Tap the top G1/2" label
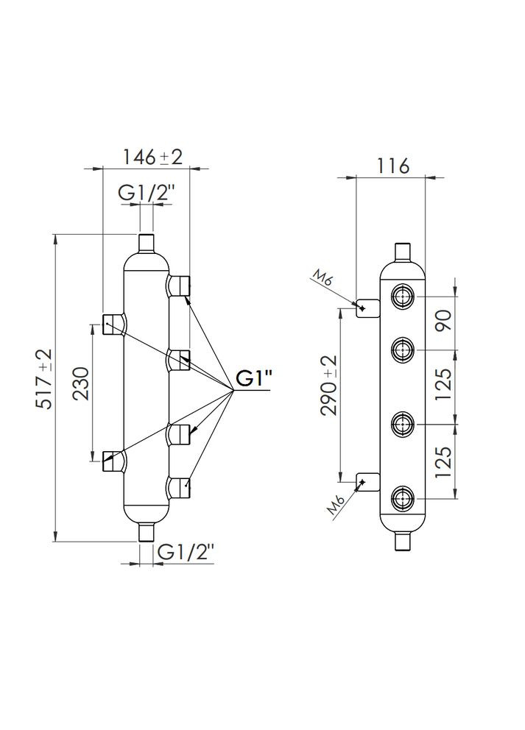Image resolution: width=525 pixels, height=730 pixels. coord(146,192)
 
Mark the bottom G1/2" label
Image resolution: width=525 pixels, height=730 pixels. coord(186,551)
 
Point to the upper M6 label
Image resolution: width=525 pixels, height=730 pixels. coord(322,280)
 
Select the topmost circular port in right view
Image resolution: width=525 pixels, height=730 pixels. coord(403,297)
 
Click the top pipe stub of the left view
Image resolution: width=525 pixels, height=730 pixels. coord(146,243)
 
